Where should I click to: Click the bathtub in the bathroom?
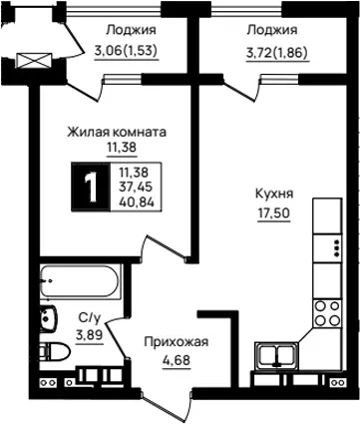[x=79, y=282]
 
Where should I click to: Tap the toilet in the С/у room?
[x=55, y=351]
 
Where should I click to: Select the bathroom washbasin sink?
[x=49, y=317]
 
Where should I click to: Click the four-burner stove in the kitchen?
[x=327, y=312]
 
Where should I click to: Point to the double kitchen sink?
[x=276, y=356]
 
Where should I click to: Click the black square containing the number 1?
[x=91, y=187]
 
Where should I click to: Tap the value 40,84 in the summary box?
[x=137, y=202]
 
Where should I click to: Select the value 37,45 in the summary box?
[x=136, y=187]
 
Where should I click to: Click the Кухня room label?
[x=274, y=194]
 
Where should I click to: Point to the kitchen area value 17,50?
[x=274, y=212]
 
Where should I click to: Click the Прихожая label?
[x=177, y=342]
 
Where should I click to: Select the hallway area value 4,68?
[x=177, y=360]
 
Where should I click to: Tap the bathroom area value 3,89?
[x=90, y=335]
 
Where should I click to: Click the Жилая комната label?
[x=117, y=132]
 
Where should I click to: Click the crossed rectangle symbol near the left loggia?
[x=34, y=60]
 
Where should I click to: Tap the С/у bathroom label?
[x=90, y=318]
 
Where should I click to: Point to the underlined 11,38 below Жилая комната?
[x=122, y=147]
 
